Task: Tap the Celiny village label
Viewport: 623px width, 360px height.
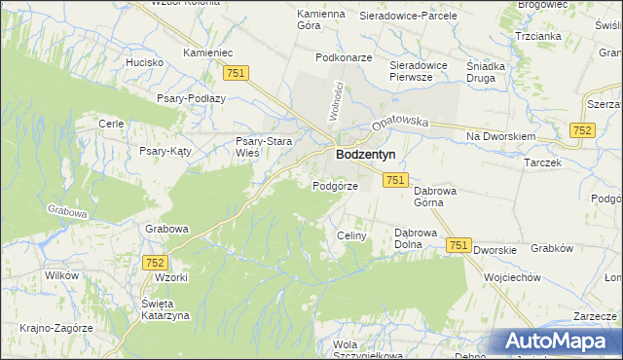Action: click(x=350, y=235)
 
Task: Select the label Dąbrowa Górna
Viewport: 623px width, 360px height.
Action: click(x=435, y=198)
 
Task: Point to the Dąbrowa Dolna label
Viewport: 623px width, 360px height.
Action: click(x=420, y=239)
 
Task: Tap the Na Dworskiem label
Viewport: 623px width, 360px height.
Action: click(x=500, y=137)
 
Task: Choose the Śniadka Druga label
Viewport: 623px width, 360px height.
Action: click(x=486, y=72)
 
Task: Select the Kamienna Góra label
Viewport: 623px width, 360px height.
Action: click(x=321, y=19)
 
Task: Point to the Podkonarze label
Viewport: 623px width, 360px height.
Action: click(x=344, y=57)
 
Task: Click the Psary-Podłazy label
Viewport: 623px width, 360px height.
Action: click(x=191, y=98)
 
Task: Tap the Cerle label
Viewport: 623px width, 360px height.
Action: click(x=110, y=124)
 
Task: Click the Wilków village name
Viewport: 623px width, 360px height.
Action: click(x=61, y=275)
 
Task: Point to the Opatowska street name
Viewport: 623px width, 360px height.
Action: click(x=399, y=124)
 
